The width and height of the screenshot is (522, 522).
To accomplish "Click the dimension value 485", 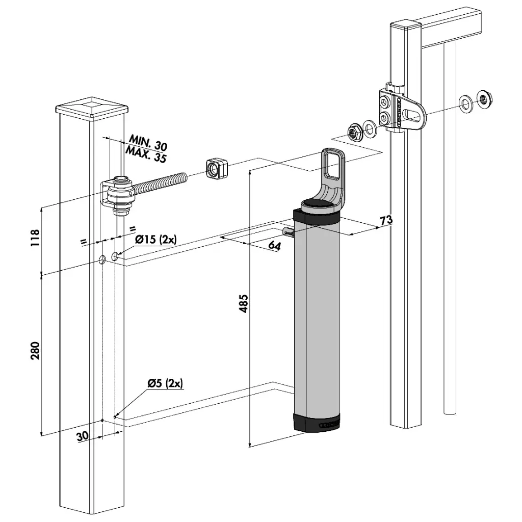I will (x=243, y=304).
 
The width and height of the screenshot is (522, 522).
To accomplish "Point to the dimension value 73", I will (x=386, y=220).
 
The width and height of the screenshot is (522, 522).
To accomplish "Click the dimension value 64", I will (x=274, y=246).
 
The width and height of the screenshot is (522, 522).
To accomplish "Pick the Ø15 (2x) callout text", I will (x=155, y=239).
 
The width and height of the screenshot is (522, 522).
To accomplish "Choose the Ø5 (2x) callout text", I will (x=165, y=383).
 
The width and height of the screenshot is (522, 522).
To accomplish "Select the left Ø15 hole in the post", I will (x=102, y=260).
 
